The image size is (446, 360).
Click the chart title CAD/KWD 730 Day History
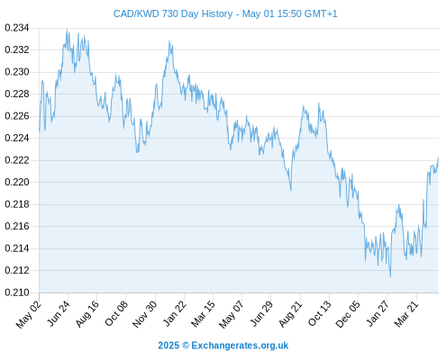point(173,13)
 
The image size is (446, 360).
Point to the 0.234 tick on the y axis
point(17,28)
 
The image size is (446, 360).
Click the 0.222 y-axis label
point(17,160)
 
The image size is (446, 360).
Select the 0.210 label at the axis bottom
point(17,292)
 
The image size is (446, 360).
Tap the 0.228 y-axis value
point(17,94)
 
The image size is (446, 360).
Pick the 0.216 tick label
point(17,226)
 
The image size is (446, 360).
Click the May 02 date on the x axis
point(29,314)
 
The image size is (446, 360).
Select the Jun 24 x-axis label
point(59,313)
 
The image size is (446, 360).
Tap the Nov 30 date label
point(145,314)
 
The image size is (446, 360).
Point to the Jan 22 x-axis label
point(175,313)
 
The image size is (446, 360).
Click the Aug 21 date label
point(290,314)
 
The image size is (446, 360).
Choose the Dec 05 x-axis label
point(348,314)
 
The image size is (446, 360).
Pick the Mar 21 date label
point(406,313)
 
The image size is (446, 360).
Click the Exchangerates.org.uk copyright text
point(240,346)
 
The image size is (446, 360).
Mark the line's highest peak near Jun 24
point(67,29)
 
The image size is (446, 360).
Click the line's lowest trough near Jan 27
point(390,276)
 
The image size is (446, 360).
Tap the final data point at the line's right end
point(438,157)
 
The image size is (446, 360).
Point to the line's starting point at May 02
point(40,130)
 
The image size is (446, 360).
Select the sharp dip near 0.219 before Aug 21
point(291,190)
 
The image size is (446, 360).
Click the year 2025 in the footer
point(168,346)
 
